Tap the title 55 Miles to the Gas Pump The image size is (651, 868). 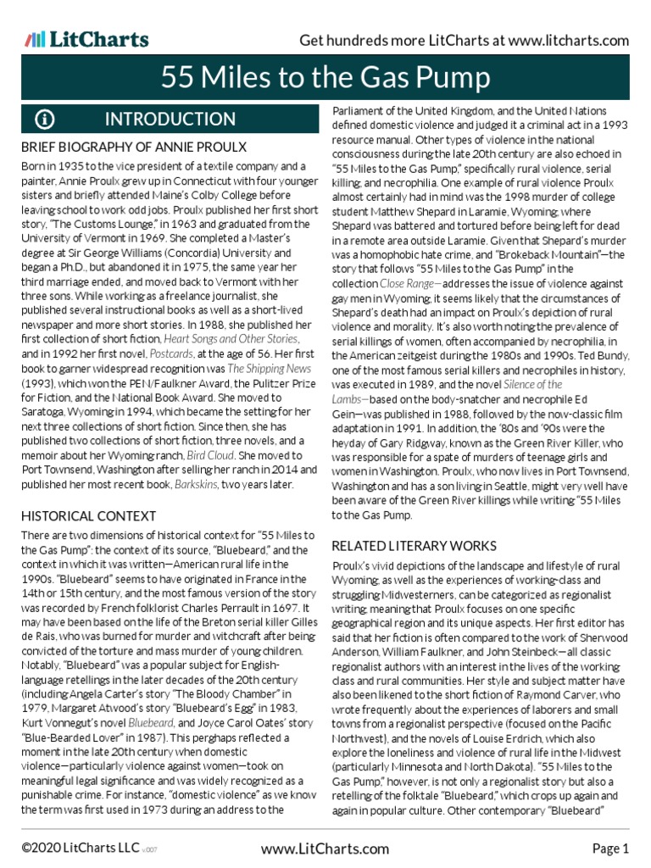pos(325,79)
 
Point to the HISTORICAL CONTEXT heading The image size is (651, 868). pos(89,515)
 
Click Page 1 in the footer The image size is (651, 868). pos(609,849)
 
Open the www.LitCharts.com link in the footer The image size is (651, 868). pos(325,849)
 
